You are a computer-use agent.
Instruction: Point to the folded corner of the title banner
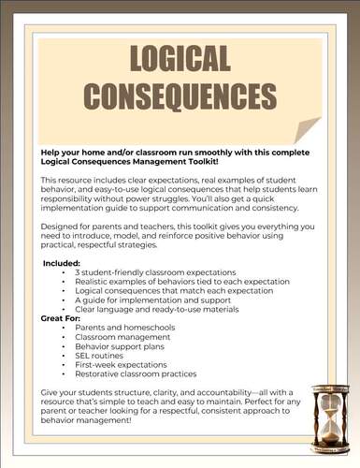pos(306,130)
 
